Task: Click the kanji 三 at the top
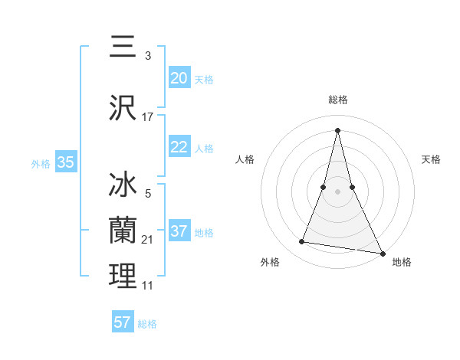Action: coord(123,47)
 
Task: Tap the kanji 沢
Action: coord(123,106)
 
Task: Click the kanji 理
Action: coord(123,276)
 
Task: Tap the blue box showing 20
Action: coord(179,78)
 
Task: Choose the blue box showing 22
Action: coord(179,148)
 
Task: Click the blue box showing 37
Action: coord(179,231)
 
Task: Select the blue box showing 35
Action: coord(66,162)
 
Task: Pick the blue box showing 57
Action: coord(123,322)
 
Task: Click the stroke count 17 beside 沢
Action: coord(148,116)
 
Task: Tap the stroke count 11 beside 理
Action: coord(148,286)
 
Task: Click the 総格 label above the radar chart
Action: coord(337,100)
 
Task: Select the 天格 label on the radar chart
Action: coord(432,159)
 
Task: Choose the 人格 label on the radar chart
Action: coord(245,159)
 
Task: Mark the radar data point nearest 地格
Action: coord(383,254)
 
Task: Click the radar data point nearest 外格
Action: coord(302,242)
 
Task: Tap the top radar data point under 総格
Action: coord(337,130)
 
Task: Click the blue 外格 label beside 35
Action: coord(41,163)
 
